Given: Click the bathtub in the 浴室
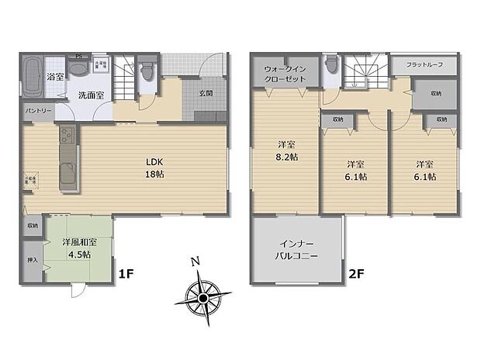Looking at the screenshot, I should point(32,78).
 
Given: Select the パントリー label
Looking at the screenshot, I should point(38,111).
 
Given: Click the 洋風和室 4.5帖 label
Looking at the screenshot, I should point(77,248).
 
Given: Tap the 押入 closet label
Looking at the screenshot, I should point(32,261).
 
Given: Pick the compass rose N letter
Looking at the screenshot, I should point(197,261).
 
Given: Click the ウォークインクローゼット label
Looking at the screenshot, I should point(282,74).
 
